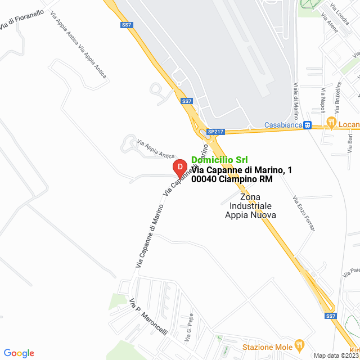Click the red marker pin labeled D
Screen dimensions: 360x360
[x=179, y=167]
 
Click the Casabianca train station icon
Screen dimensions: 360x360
[x=307, y=125]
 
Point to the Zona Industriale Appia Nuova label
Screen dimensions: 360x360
[x=250, y=206]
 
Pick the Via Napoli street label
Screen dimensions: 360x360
[x=323, y=100]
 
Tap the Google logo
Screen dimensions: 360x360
[x=19, y=353]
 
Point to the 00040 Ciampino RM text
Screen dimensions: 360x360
[x=232, y=179]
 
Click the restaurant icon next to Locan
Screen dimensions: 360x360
[x=332, y=122]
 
